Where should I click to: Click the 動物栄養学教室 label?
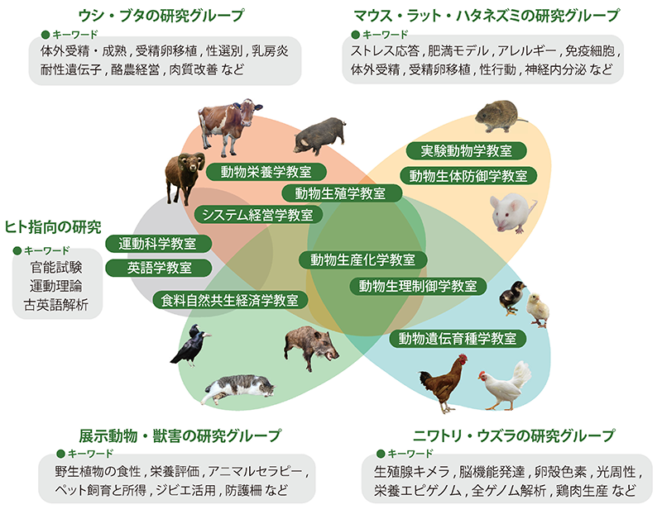coord(266,172)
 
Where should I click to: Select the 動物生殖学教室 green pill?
coord(340,193)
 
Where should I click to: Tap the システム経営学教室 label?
coord(257,215)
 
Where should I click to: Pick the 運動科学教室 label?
coord(158,244)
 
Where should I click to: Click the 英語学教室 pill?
coord(159,268)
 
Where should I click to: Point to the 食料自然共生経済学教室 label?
coord(230,300)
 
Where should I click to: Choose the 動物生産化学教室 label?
coord(362,259)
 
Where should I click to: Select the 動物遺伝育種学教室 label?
coord(458,339)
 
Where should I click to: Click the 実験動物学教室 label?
coord(466,151)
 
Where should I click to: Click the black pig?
coord(319,135)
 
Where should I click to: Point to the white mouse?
coord(511,212)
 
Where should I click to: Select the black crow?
coord(190,345)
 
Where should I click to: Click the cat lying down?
coord(239,388)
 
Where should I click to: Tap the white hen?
coord(505,386)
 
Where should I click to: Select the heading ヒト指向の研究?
coord(53,227)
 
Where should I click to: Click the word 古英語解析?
coord(56,304)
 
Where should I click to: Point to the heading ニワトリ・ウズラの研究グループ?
coord(514,435)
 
